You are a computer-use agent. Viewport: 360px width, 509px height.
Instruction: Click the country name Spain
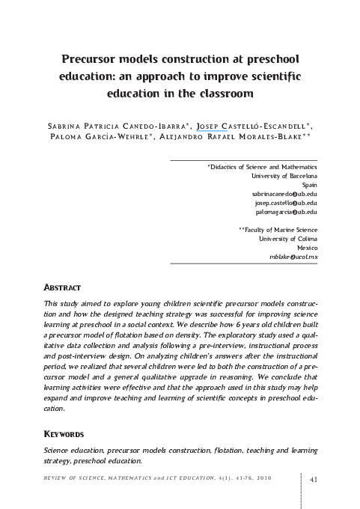click(x=308, y=183)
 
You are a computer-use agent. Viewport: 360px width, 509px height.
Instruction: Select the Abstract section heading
click(x=64, y=287)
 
